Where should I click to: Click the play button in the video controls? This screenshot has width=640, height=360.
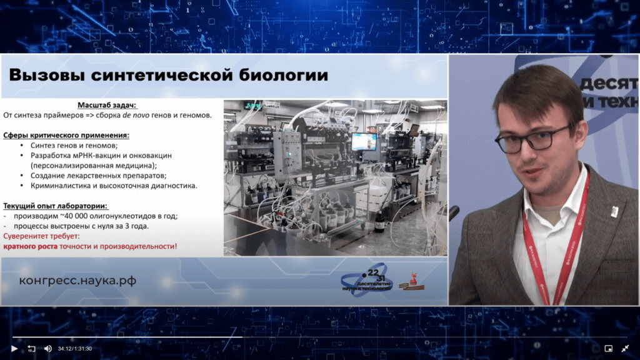coord(14,348)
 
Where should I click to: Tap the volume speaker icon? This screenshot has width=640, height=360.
coord(47,348)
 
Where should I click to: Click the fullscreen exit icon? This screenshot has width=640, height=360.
coord(624,348)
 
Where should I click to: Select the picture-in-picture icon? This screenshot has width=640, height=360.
coord(608,348)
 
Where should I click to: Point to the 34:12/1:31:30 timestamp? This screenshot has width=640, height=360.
coord(75,348)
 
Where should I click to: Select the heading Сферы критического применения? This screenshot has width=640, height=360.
coord(66,135)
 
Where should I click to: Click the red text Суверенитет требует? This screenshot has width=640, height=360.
coord(42,236)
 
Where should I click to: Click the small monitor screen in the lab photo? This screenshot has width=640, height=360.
coord(363,142)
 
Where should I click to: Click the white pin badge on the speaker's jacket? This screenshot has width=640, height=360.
coord(614,212)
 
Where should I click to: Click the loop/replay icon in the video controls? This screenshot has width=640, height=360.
coord(31,348)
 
